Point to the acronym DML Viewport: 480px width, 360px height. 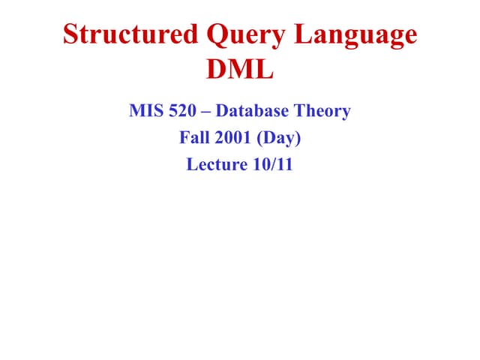click(240, 71)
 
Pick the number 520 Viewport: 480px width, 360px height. click(184, 112)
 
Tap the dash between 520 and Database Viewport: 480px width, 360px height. click(207, 112)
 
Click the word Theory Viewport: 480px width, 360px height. click(321, 112)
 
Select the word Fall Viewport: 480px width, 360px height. click(193, 138)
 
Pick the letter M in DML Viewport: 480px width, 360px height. click(241, 71)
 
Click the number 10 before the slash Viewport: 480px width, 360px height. click(262, 164)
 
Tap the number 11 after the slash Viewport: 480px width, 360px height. click(283, 164)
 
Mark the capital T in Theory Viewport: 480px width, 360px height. click(298, 112)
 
